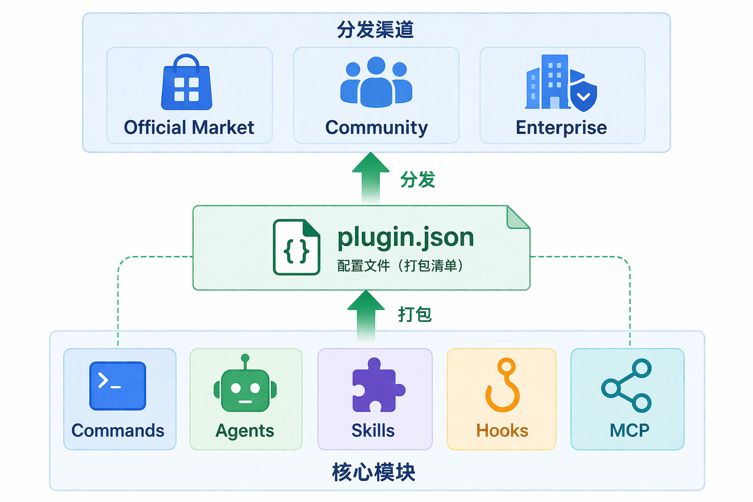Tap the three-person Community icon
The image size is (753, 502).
pos(376,82)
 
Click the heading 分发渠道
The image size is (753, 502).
pos(376,30)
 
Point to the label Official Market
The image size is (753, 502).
pos(189,127)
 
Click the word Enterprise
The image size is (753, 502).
pos(561,127)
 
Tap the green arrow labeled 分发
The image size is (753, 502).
pos(371,177)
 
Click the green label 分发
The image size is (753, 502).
pos(418,180)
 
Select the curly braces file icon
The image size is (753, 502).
pos(297,247)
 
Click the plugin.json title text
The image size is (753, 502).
pos(405,238)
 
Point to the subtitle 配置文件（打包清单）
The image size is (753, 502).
pos(400,266)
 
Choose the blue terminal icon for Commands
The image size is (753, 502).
pos(118,385)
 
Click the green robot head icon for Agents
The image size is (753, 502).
pos(245,389)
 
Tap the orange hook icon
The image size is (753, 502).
pos(502,385)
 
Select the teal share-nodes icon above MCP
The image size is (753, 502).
pos(627,385)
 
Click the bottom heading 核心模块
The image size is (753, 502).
pos(374,472)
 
